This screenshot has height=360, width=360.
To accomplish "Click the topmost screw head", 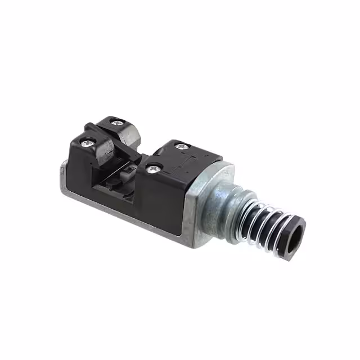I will [x=116, y=122].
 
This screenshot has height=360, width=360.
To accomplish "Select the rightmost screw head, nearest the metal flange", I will [x=181, y=146].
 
